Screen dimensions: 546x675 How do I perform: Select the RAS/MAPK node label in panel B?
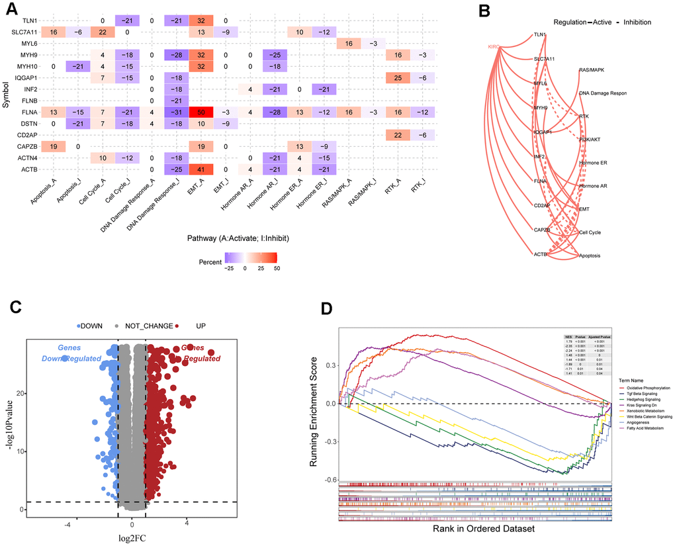(x=592, y=69)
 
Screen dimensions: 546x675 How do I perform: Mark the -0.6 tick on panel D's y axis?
(x=327, y=479)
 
